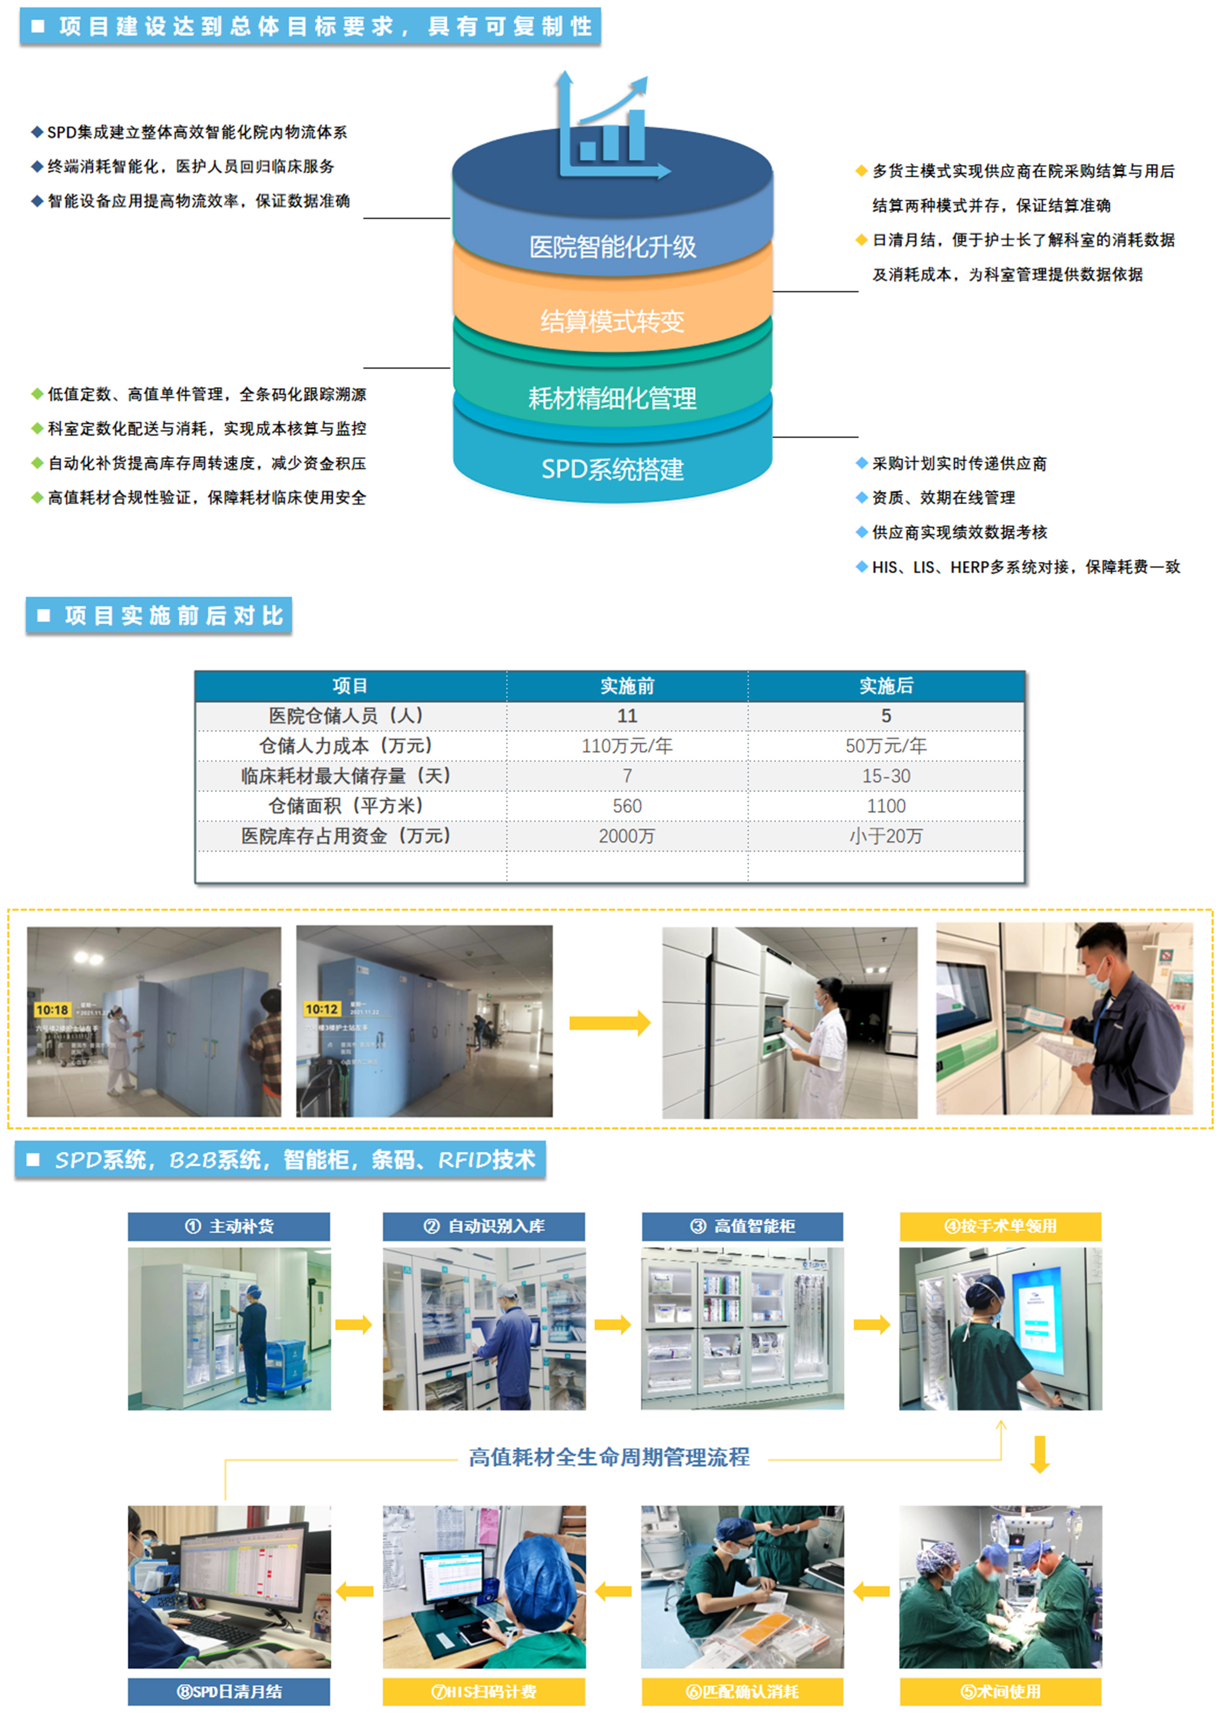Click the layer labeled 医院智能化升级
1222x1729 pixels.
[x=612, y=246]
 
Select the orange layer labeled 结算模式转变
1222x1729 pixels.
[x=612, y=321]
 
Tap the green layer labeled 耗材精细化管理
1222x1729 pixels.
[x=612, y=398]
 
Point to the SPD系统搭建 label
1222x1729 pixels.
[x=612, y=469]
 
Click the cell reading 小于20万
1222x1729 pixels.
[x=885, y=836]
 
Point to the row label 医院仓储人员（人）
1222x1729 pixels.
[x=350, y=715]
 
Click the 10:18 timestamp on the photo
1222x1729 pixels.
[x=52, y=1010]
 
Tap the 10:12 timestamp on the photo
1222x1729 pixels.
[x=321, y=1009]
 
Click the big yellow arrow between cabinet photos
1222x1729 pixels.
[x=609, y=1023]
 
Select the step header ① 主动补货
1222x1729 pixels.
[x=229, y=1226]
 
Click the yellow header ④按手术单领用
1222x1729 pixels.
[x=1000, y=1226]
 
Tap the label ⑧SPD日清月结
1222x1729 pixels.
[x=229, y=1692]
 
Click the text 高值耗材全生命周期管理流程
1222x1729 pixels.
[x=609, y=1457]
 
